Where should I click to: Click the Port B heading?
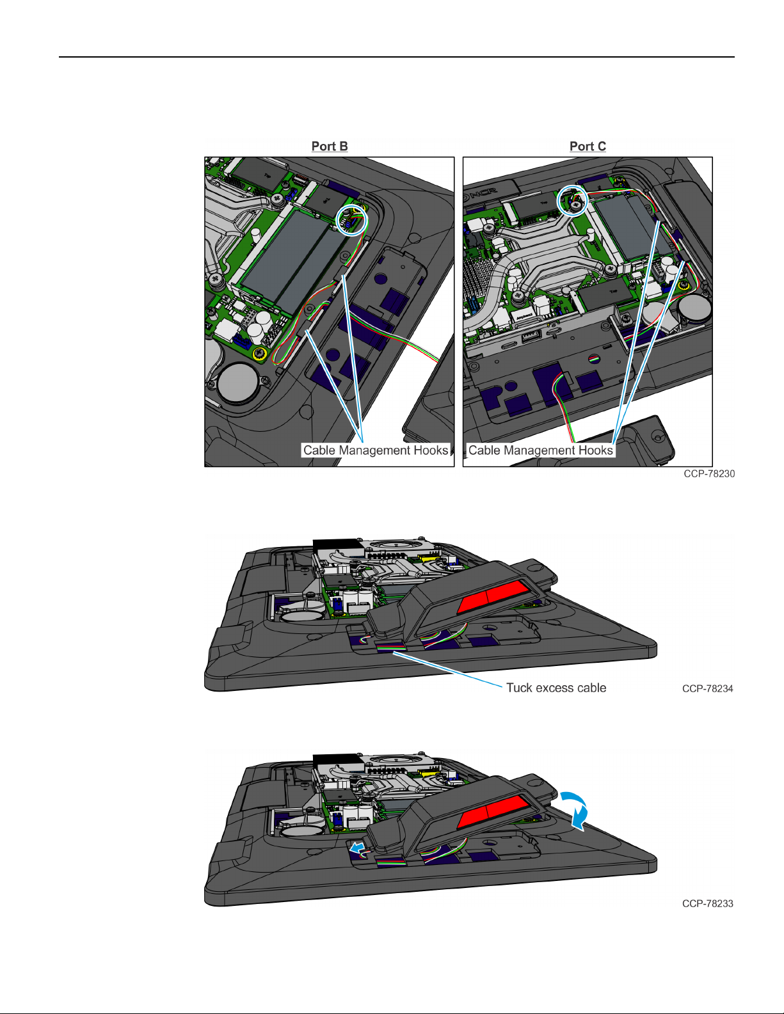click(x=330, y=147)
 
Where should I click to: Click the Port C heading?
click(x=588, y=147)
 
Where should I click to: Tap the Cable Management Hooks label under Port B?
click(x=376, y=450)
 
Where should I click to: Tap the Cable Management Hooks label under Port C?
click(x=540, y=450)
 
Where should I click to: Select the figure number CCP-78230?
click(x=709, y=473)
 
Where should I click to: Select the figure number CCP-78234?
click(x=707, y=689)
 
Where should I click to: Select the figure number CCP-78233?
click(x=707, y=904)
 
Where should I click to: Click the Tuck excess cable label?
click(x=556, y=688)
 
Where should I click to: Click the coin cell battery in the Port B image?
click(x=238, y=383)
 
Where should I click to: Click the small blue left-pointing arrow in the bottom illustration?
click(x=358, y=848)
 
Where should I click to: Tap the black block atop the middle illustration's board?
click(x=338, y=548)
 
